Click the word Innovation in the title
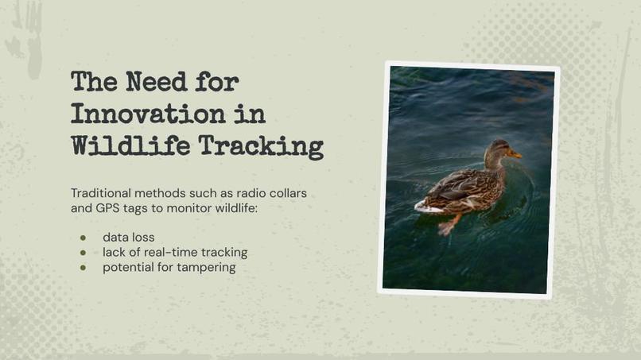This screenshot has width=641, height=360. point(146,114)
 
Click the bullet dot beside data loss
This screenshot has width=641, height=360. point(83,238)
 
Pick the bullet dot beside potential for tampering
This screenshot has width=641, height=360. point(83,268)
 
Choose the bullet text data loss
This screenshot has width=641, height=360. point(129,238)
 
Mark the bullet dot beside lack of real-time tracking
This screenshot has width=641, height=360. point(83,253)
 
